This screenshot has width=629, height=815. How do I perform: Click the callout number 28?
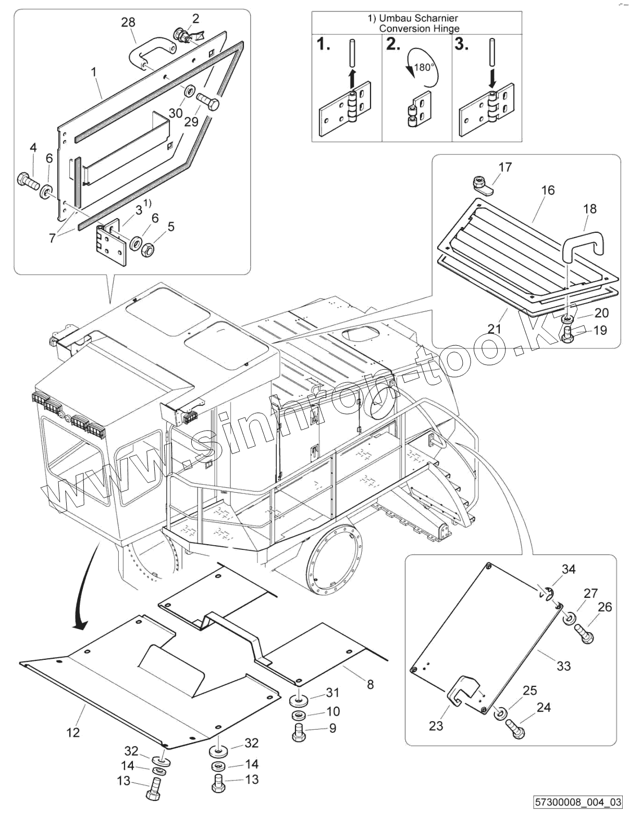[x=128, y=22]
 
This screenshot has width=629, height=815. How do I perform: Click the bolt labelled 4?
[x=28, y=181]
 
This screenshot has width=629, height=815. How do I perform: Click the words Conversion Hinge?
[x=419, y=29]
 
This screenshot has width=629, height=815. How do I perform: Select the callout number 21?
[x=494, y=329]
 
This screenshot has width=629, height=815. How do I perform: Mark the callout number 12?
[x=73, y=732]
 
